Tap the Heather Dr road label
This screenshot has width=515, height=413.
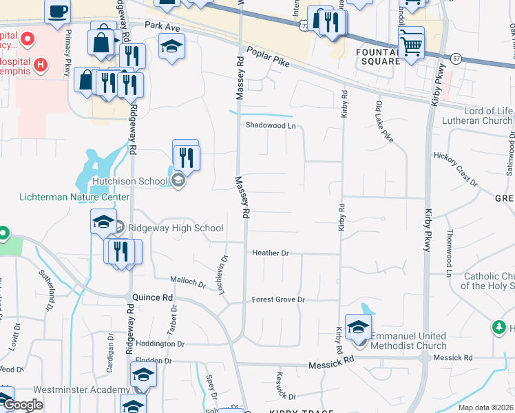pyautogui.click(x=270, y=253)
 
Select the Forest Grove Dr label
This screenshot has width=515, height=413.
pyautogui.click(x=277, y=299)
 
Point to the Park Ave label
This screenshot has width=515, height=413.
pyautogui.click(x=162, y=25)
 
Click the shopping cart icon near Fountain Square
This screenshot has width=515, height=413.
pyautogui.click(x=411, y=44)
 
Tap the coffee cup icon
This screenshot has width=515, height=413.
pyautogui.click(x=57, y=10)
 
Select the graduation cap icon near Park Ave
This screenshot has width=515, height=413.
pyautogui.click(x=171, y=46)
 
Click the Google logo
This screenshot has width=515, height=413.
pyautogui.click(x=22, y=405)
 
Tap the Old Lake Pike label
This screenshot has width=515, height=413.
pyautogui.click(x=384, y=121)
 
